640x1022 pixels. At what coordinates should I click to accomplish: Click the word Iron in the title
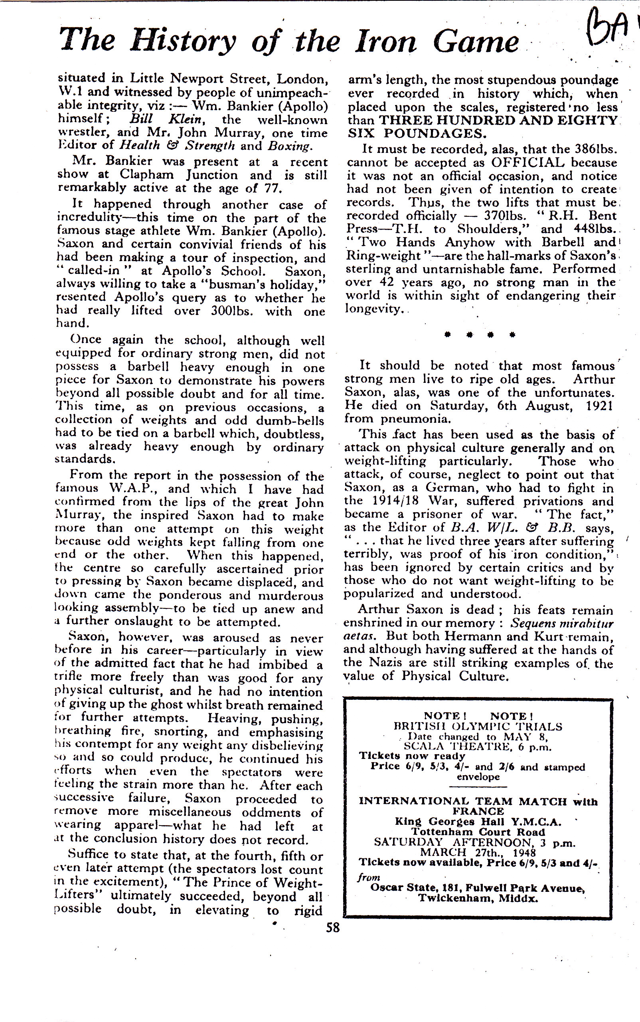(x=385, y=42)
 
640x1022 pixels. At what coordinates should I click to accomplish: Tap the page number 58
(x=333, y=927)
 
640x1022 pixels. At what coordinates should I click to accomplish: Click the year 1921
(x=599, y=405)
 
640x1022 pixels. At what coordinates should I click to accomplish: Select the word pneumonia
(x=415, y=419)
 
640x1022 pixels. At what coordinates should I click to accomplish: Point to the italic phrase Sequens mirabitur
(x=562, y=623)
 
